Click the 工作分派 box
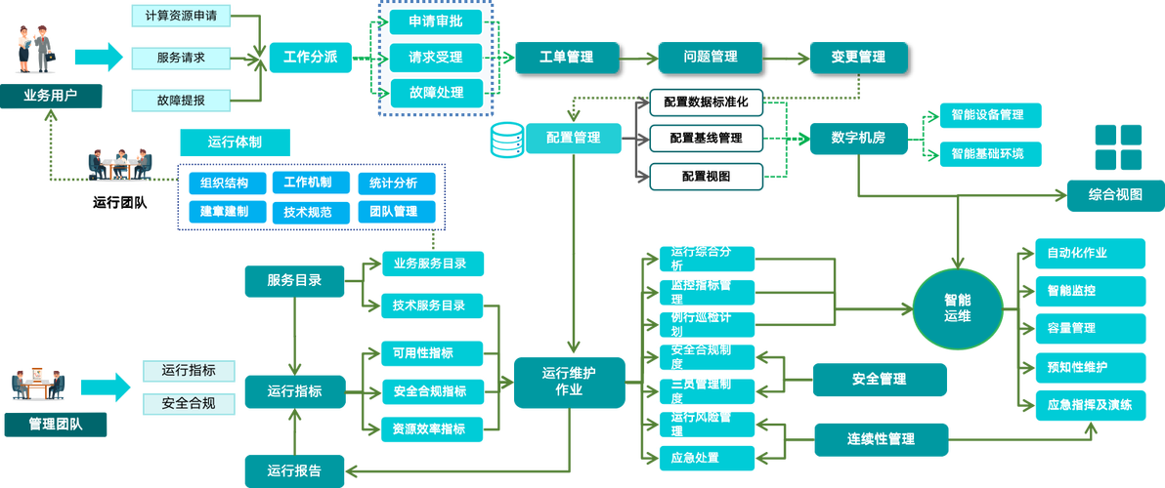coord(310,57)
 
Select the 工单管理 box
coord(566,57)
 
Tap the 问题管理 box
coord(710,57)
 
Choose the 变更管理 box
coord(858,57)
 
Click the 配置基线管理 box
coord(706,138)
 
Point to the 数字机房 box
coord(858,138)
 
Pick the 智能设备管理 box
coord(986,114)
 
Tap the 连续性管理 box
coord(881,438)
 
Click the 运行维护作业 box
coord(569,381)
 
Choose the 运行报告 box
coord(293,470)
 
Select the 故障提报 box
coord(181,100)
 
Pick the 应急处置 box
coord(696,457)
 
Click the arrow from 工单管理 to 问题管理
coord(637,57)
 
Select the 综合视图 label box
coord(1114,195)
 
